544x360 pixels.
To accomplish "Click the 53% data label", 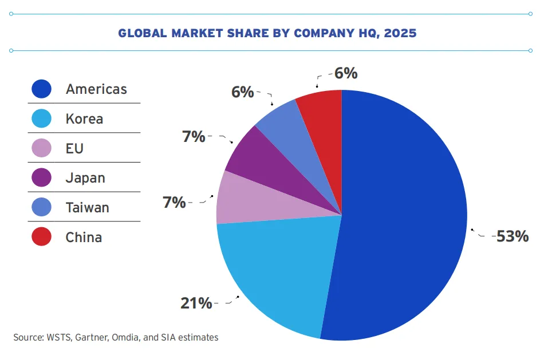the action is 513,236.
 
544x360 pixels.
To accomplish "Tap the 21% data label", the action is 196,303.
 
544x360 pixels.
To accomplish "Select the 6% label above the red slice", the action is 346,73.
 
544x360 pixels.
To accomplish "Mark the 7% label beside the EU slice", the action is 174,202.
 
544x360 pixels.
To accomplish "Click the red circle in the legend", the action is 42,236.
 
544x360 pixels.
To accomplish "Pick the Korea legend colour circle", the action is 42,118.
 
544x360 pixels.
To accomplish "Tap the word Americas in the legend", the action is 96,89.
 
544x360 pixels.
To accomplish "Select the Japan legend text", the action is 85,178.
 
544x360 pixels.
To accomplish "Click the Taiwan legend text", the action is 88,208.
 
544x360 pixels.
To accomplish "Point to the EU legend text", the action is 74,148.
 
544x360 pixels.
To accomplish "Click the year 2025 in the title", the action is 400,33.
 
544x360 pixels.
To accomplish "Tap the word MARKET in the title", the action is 197,33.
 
